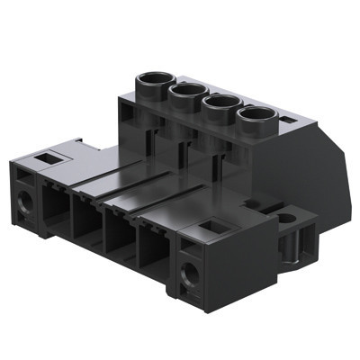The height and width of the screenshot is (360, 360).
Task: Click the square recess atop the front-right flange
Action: tap(213, 229)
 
